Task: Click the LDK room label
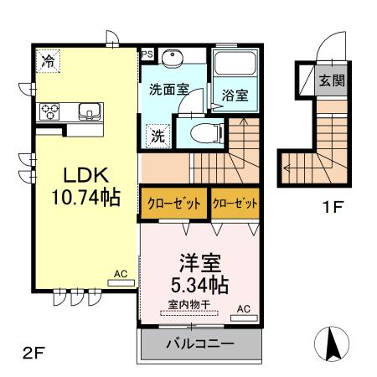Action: pos(81,178)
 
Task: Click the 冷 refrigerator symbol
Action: pos(49,60)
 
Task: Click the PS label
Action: pos(147,54)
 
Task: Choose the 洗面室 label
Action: pos(169,90)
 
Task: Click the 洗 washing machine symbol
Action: pos(157,132)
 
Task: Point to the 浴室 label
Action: pos(235,96)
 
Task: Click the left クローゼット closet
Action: pos(173,204)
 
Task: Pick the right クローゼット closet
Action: pos(234,204)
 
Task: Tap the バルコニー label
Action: pos(199,343)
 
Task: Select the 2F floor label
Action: pos(32,353)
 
